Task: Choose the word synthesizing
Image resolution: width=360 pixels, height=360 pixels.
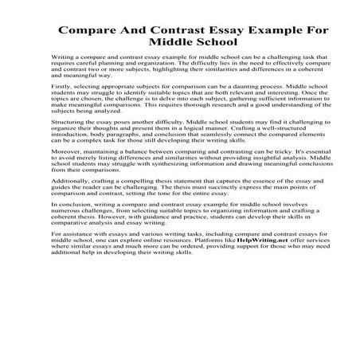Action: tap(159, 189)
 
